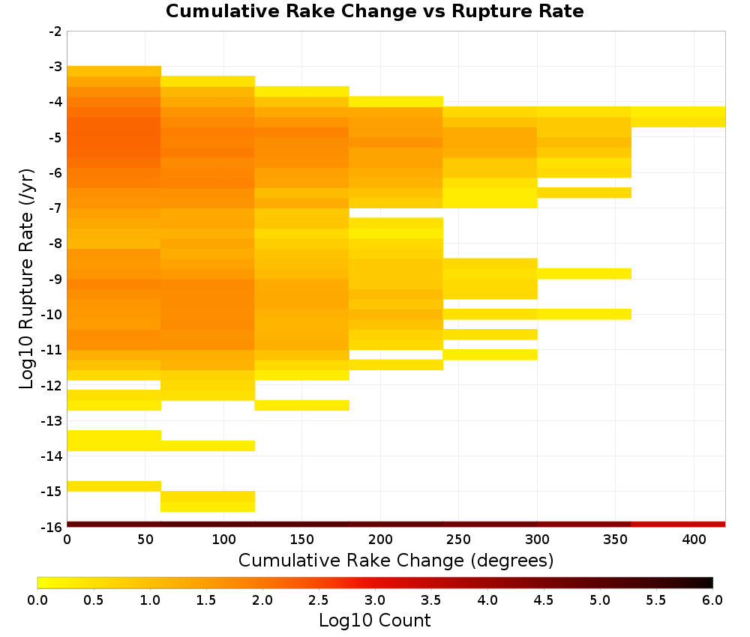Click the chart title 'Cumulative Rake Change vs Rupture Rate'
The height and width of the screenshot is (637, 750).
(374, 11)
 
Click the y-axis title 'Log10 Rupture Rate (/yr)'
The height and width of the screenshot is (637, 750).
(26, 278)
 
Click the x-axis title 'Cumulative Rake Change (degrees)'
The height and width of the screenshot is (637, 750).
(396, 560)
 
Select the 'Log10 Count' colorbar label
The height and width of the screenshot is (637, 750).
(374, 621)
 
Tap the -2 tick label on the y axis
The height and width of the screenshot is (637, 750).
(55, 31)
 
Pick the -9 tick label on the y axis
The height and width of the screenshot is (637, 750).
(55, 279)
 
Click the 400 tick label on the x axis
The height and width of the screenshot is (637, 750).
(694, 540)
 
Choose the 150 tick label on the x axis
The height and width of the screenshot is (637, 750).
(301, 540)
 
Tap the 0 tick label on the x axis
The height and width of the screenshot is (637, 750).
(67, 540)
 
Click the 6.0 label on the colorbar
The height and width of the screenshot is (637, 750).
(712, 600)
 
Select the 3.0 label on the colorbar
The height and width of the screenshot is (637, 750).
(375, 600)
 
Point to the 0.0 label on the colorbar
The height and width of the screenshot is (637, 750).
(37, 600)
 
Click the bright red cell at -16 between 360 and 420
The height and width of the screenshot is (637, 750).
(678, 525)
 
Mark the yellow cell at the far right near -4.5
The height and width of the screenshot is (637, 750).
(678, 117)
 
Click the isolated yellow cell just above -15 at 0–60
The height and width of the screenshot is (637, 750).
(114, 486)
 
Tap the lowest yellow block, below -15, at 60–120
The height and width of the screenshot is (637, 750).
(208, 501)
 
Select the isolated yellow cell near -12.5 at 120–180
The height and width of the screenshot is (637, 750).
(301, 405)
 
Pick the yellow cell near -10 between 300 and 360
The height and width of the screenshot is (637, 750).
(584, 314)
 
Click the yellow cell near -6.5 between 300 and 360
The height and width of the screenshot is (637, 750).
(584, 193)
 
